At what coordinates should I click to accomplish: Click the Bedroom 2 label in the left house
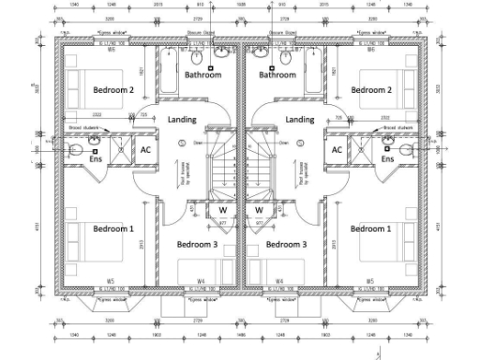(x=113, y=90)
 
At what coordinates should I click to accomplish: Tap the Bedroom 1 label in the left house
(x=113, y=229)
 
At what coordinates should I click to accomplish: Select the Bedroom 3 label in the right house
(x=286, y=244)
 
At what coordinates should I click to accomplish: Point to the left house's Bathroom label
(x=202, y=75)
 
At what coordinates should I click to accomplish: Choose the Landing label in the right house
(x=299, y=120)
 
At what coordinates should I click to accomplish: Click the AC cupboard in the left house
(x=146, y=149)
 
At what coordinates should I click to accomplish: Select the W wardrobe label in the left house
(x=223, y=210)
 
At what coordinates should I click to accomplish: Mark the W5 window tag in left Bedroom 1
(x=110, y=280)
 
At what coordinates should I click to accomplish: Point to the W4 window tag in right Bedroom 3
(x=279, y=280)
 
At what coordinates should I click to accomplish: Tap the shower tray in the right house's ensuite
(x=360, y=149)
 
